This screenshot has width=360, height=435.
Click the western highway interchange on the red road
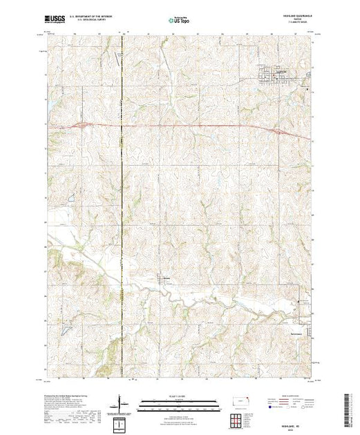coord(81,125)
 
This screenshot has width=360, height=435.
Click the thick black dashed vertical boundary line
coord(122,207)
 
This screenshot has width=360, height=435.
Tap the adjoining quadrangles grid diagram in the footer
coord(237,418)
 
